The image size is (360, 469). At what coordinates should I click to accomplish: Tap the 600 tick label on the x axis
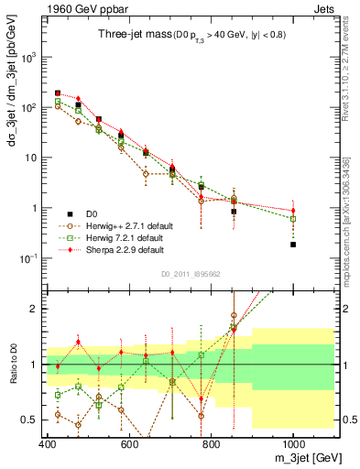coord(129,445)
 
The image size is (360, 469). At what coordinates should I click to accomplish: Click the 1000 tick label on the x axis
coord(292,445)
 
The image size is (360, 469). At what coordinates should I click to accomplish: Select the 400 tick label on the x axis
coord(48,445)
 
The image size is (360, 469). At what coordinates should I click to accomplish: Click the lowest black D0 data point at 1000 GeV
coord(293,245)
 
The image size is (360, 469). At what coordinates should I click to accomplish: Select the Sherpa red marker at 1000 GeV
coord(293,211)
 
